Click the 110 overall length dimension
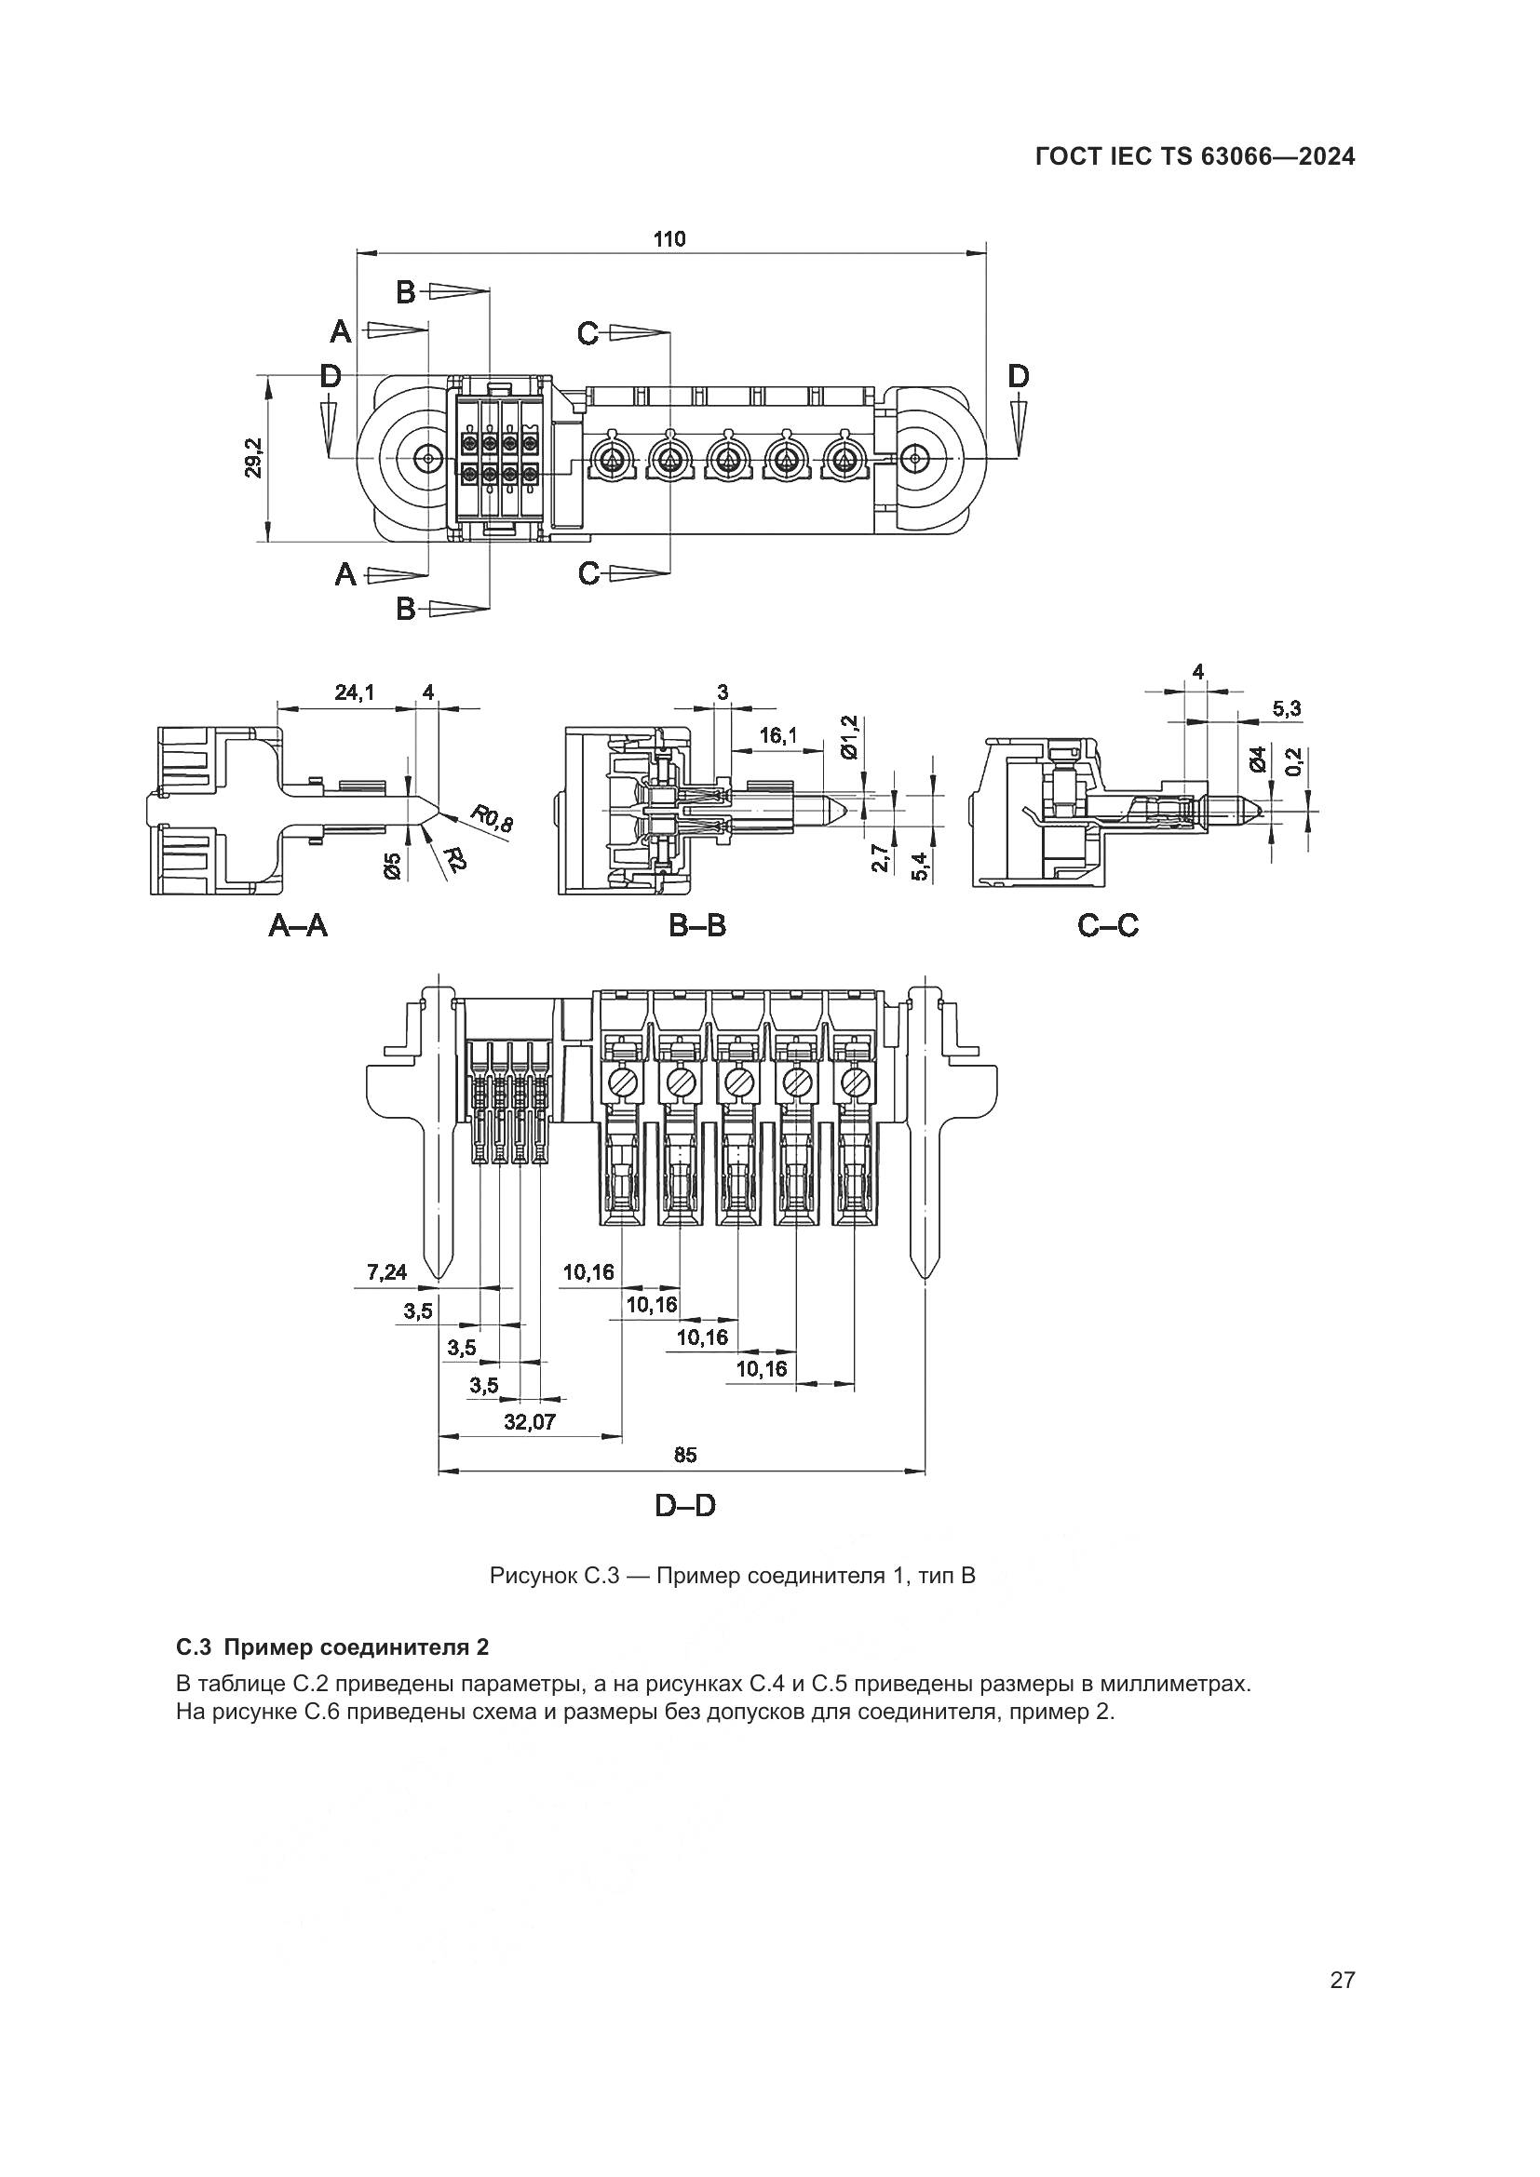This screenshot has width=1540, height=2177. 669,239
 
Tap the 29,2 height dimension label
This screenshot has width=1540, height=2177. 253,458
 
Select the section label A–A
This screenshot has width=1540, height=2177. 298,924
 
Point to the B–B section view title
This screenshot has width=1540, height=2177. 697,924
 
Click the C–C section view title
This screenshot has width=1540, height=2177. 1108,924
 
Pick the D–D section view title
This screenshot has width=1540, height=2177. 684,1505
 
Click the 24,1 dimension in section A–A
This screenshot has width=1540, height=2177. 355,692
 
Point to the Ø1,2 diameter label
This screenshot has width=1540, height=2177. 849,737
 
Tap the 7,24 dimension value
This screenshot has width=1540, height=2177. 387,1272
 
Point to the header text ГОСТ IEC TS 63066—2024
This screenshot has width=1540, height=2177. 1195,157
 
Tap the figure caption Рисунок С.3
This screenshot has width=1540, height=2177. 732,1577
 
